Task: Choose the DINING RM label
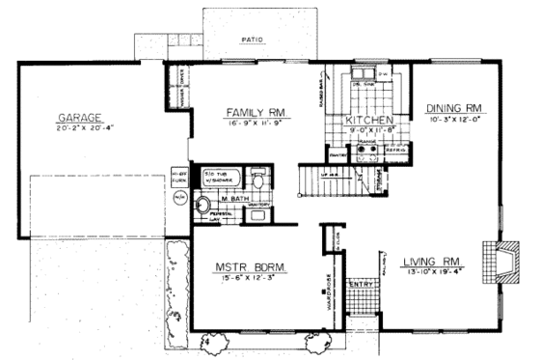click(453, 107)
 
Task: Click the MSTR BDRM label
click(248, 266)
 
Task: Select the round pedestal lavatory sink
click(203, 204)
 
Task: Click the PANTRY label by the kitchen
click(337, 153)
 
